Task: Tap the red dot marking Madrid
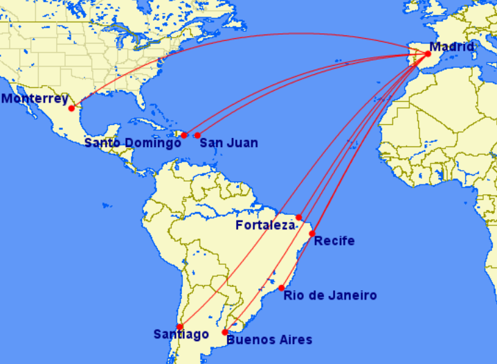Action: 428,54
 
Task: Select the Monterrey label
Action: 35,98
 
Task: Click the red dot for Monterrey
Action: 71,108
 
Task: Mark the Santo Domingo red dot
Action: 184,135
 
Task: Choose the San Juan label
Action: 228,143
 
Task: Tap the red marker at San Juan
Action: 197,135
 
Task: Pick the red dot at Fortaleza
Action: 299,218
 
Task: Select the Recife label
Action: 334,241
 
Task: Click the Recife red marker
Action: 312,234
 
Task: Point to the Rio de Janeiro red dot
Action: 282,288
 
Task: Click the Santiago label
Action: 181,334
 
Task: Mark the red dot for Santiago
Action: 180,327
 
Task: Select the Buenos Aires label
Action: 269,340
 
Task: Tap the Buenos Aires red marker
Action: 225,332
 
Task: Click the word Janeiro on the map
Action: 354,296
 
